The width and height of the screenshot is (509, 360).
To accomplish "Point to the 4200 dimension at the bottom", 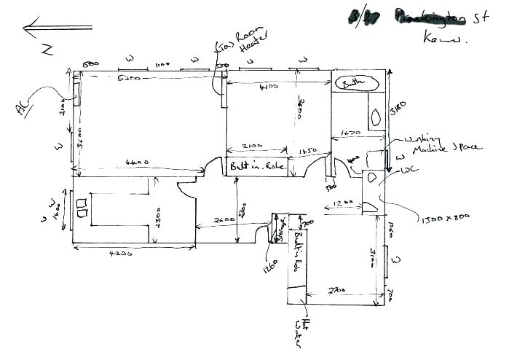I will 120,254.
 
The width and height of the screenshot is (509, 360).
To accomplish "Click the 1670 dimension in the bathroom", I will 352,133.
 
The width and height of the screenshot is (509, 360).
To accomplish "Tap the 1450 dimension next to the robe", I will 307,152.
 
